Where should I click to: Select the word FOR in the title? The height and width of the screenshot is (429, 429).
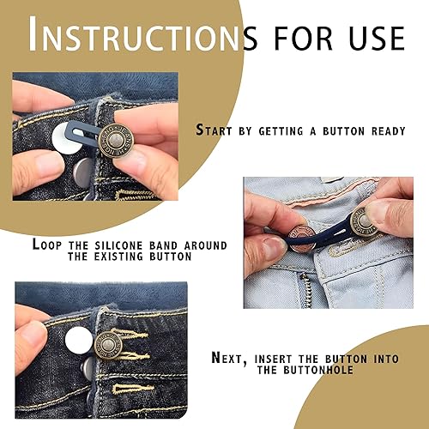[x=304, y=38]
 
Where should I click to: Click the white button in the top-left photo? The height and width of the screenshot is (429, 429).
[x=68, y=138]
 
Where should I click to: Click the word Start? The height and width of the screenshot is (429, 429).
[x=214, y=130]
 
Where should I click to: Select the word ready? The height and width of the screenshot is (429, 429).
[x=389, y=131]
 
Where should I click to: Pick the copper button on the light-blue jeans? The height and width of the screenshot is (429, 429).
[x=303, y=238]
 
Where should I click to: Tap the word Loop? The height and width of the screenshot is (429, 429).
[x=47, y=245]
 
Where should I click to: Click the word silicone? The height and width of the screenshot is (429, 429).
[x=118, y=245]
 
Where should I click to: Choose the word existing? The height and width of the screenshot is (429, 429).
[x=118, y=257]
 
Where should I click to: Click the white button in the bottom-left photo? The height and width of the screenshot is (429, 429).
[x=79, y=341]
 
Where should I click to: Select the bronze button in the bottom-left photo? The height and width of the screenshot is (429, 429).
[x=109, y=345]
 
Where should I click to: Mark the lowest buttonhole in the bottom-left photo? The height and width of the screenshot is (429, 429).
[x=133, y=390]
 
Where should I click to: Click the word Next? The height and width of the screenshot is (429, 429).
[x=229, y=359]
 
